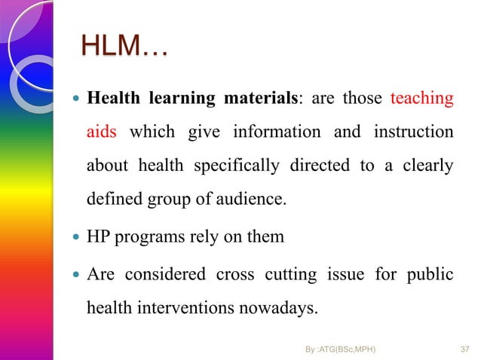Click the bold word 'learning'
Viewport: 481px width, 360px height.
180,99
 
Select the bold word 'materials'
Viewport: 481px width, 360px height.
257,99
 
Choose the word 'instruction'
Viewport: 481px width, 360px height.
412,133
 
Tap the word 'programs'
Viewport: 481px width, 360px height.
151,236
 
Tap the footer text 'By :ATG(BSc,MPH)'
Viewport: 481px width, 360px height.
342,349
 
